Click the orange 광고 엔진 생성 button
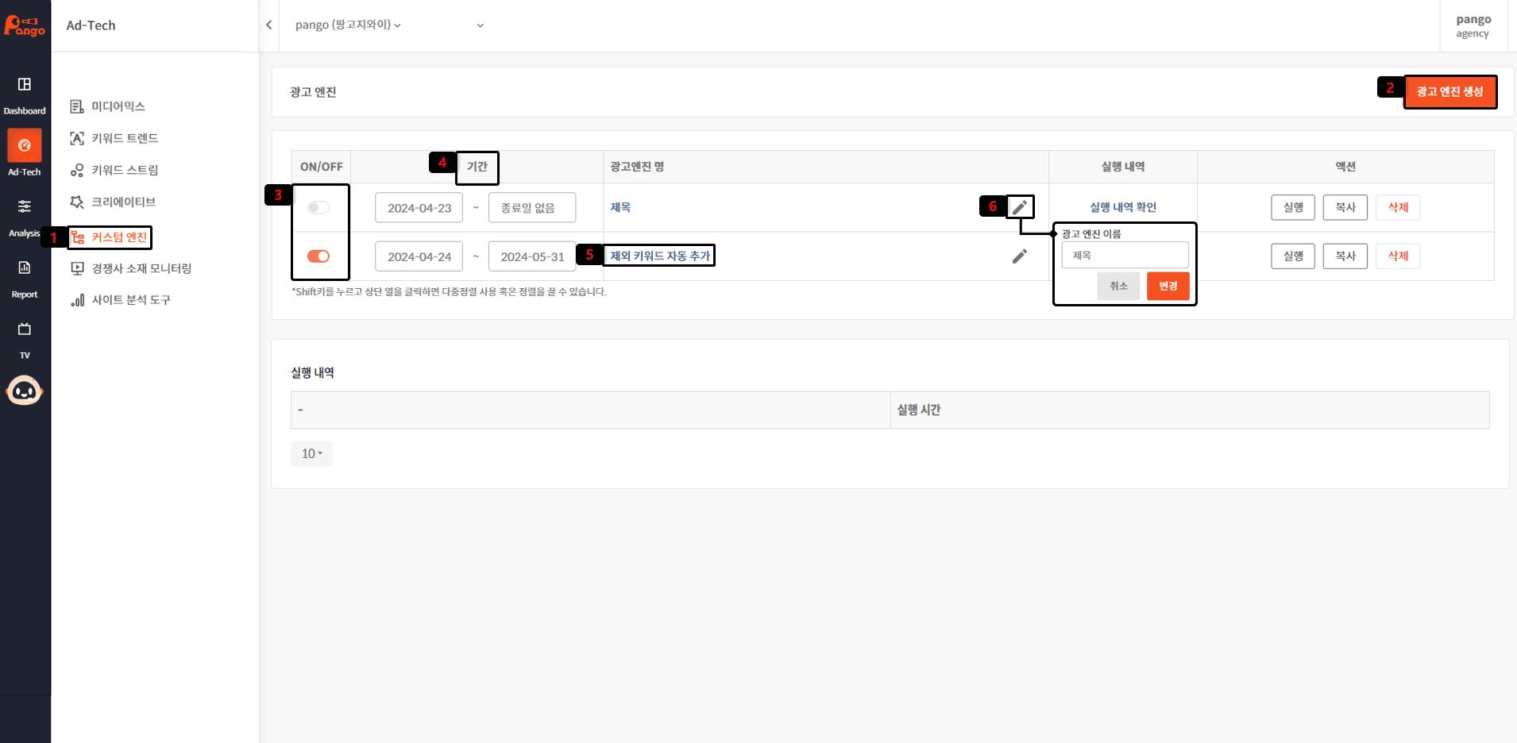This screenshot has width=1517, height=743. coord(1449,91)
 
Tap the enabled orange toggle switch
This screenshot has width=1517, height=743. coord(318,256)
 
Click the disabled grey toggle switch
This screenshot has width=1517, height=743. coord(318,207)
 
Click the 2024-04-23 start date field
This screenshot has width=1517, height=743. coord(419,208)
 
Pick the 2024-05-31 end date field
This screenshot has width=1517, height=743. coord(532,256)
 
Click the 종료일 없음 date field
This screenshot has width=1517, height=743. coord(532,208)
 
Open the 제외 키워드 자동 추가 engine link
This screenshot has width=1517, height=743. coord(660,256)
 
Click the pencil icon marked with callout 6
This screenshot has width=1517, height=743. coord(1020,207)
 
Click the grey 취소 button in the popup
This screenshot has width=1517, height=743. coord(1119,286)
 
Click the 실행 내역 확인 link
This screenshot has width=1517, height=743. coord(1123,207)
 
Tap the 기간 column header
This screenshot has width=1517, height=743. coord(477,167)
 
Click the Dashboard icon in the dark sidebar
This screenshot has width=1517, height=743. coord(25,84)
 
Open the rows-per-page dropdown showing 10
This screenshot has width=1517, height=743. coord(311,453)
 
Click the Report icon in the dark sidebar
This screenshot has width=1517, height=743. coord(25,268)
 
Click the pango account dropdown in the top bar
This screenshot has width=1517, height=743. coord(389,25)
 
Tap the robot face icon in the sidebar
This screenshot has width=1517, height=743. coord(25,391)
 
